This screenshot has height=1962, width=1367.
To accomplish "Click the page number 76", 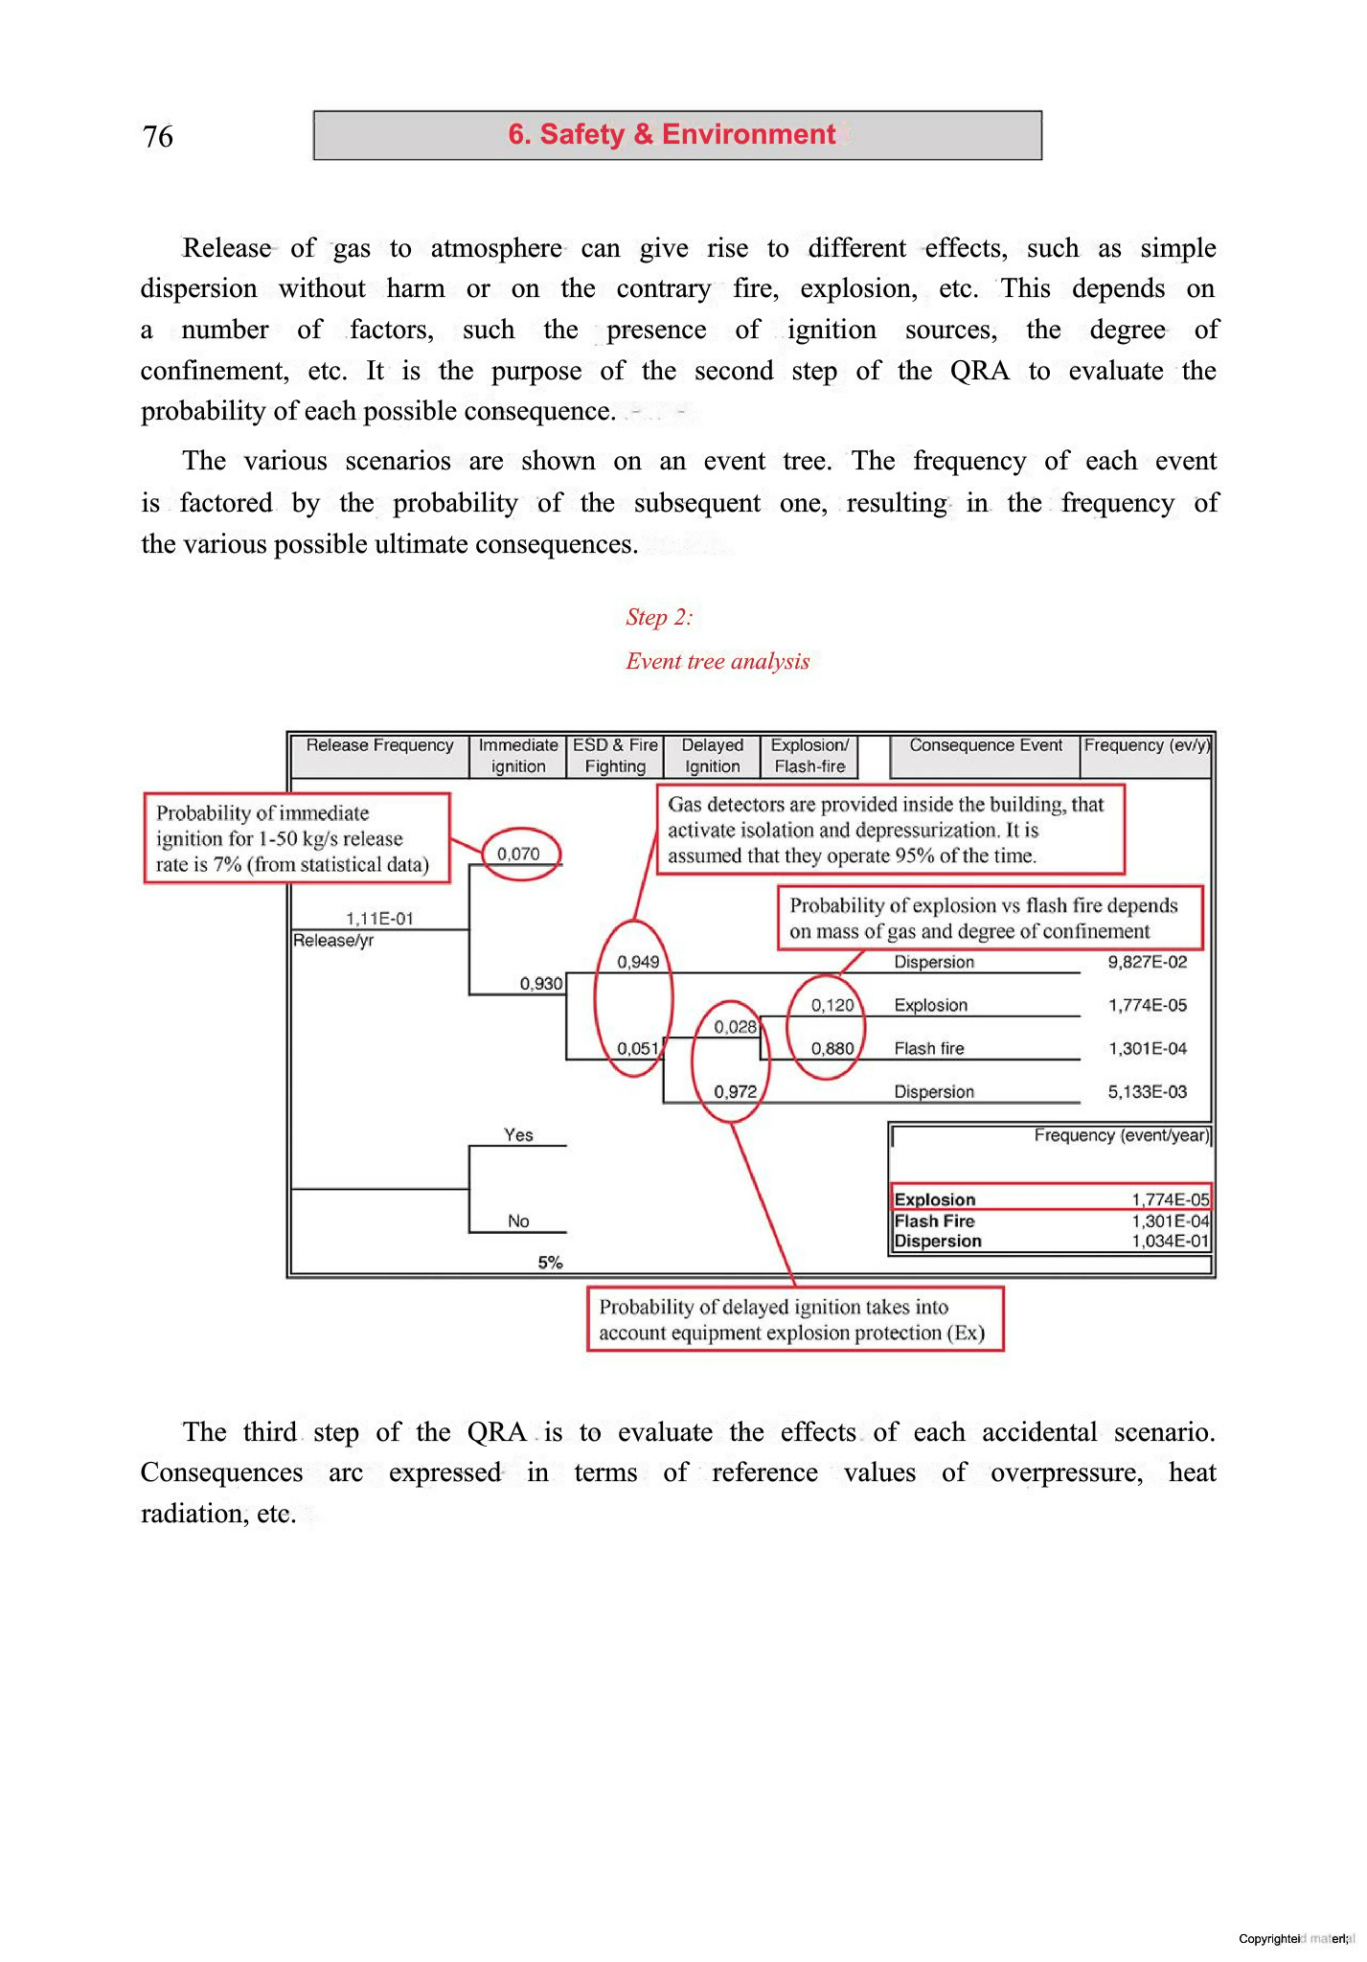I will point(158,137).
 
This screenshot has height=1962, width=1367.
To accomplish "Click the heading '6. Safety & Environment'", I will point(672,134).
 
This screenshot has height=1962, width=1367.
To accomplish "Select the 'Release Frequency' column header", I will point(379,745).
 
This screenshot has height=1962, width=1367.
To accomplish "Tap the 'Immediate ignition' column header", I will point(518,756).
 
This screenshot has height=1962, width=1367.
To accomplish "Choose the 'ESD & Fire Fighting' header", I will point(615,756).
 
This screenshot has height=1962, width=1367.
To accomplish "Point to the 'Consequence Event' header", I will point(985,745).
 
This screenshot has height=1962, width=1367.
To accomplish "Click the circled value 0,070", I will point(518,854).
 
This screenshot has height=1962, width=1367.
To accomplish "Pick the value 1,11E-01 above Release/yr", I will point(379,919).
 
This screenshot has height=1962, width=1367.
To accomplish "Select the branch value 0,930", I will point(541,984).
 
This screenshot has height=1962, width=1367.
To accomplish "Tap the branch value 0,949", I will point(638,962).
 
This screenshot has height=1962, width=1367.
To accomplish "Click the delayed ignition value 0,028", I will point(736,1027).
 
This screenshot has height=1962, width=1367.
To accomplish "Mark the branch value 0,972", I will point(736,1091).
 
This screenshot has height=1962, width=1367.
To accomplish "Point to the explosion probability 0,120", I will point(832,1005).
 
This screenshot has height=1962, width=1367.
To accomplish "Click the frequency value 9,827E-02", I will point(1147,962).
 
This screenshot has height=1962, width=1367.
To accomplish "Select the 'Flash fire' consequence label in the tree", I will point(928,1048).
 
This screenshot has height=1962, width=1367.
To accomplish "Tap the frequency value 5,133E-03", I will point(1147,1091).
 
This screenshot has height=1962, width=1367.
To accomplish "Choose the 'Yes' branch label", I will point(518,1135).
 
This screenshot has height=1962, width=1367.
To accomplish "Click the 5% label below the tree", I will point(550,1263).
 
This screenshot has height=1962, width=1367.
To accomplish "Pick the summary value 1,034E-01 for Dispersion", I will point(1170,1242).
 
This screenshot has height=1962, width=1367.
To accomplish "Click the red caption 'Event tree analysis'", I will point(718,661).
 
